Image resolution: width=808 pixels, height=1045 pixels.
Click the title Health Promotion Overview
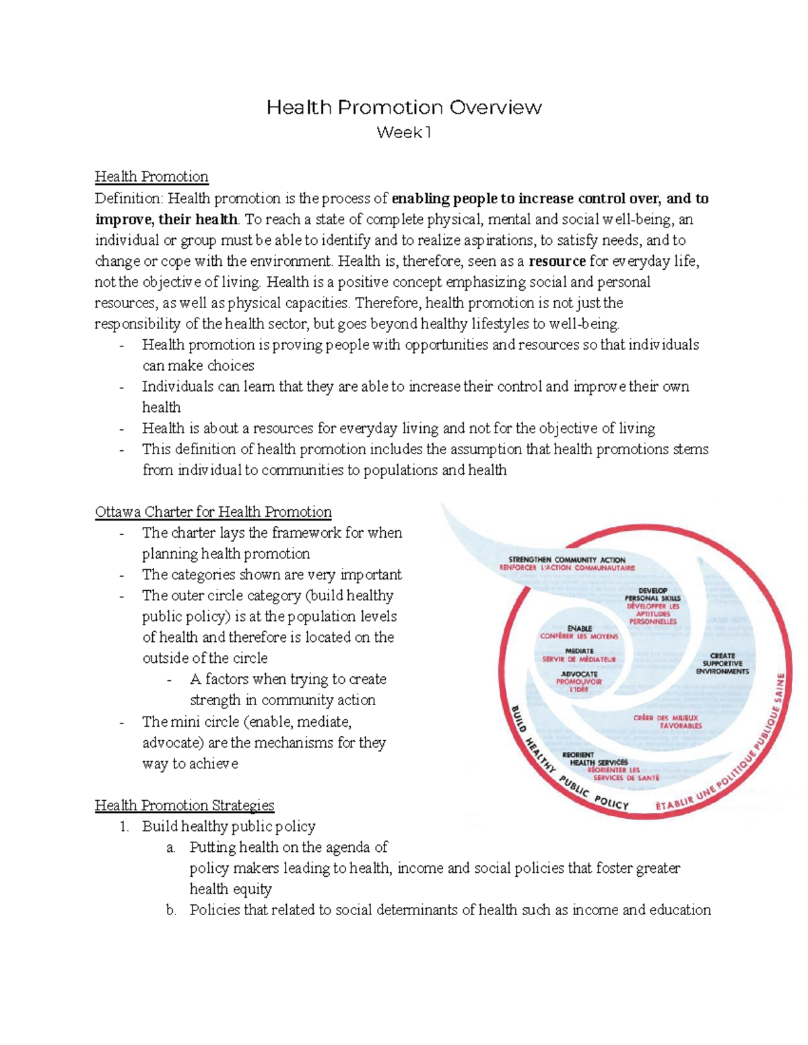404,108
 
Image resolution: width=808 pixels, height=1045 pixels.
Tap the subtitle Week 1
403,133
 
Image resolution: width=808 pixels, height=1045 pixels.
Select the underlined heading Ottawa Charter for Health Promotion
213,512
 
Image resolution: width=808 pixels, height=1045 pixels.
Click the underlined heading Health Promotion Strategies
184,805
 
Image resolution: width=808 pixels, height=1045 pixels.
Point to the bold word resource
558,261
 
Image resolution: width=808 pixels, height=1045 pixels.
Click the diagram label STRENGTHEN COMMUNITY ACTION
566,560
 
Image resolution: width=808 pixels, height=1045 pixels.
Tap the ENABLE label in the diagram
579,628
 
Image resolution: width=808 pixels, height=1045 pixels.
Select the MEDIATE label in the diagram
579,651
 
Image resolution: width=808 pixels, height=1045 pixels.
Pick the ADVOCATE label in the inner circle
579,674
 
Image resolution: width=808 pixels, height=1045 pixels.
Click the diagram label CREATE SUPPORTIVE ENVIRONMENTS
722,663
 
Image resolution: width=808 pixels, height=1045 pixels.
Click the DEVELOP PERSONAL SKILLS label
652,594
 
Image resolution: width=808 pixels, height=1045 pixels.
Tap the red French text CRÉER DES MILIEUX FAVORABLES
667,722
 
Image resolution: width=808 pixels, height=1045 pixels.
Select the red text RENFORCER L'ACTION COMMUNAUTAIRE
566,568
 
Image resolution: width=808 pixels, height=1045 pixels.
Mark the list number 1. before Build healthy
124,826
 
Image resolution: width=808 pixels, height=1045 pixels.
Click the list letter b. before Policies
171,910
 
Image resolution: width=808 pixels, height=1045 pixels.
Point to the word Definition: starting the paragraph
129,199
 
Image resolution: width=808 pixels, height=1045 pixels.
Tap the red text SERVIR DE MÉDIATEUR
579,659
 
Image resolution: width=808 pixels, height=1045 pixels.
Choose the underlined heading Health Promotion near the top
151,177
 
